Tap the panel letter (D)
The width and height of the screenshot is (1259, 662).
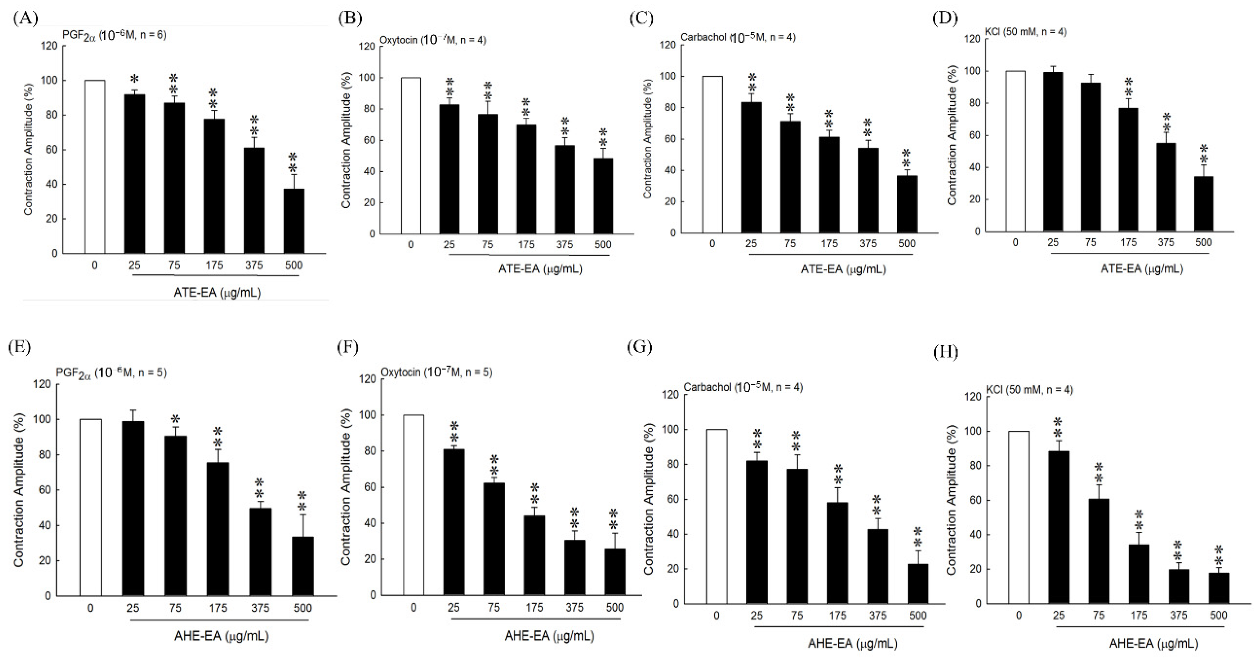944,18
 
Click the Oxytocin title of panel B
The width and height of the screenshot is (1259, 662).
432,40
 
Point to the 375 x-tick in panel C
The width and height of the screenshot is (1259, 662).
868,243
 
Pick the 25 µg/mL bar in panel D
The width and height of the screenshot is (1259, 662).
1053,152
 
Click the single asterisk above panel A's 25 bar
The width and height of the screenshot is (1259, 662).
135,79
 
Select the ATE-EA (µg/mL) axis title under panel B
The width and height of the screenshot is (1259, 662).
540,269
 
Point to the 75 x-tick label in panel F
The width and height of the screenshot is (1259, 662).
494,607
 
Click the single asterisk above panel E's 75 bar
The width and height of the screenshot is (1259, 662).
176,419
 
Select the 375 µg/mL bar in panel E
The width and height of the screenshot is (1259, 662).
260,552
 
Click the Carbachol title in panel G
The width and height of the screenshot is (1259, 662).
743,387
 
